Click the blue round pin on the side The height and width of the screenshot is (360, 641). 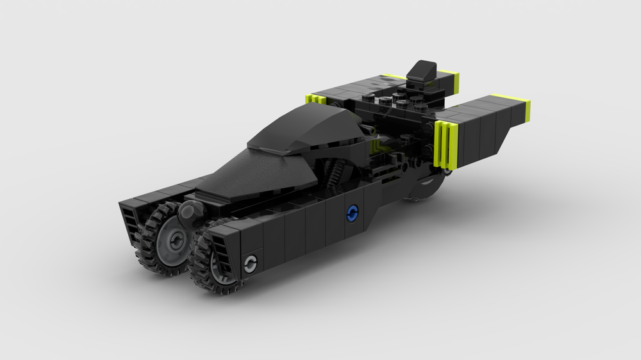[351, 214]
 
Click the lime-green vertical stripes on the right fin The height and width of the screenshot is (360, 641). [446, 144]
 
